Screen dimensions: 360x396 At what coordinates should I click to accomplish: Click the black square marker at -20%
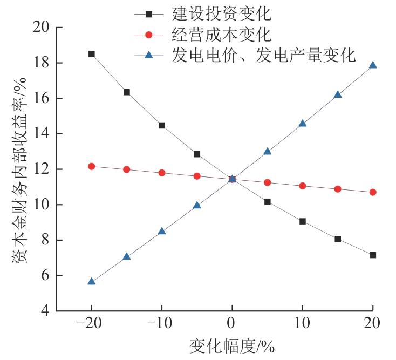coord(92,54)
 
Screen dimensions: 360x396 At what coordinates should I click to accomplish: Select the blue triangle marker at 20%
coord(373,65)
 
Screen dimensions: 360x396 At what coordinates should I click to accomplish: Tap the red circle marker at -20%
coord(92,166)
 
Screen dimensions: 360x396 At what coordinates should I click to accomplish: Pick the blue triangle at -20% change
coord(92,281)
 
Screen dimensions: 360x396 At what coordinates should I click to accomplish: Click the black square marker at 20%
coord(373,255)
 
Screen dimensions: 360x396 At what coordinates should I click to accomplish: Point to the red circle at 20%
coord(373,192)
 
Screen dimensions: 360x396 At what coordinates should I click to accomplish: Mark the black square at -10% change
coord(162,125)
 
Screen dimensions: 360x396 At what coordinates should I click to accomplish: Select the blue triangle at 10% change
coord(303,124)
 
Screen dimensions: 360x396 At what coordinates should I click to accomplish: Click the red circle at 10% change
coord(303,186)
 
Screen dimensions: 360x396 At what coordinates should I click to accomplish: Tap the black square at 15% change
coord(338,239)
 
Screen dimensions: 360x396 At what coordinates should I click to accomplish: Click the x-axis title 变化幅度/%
coord(231,346)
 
